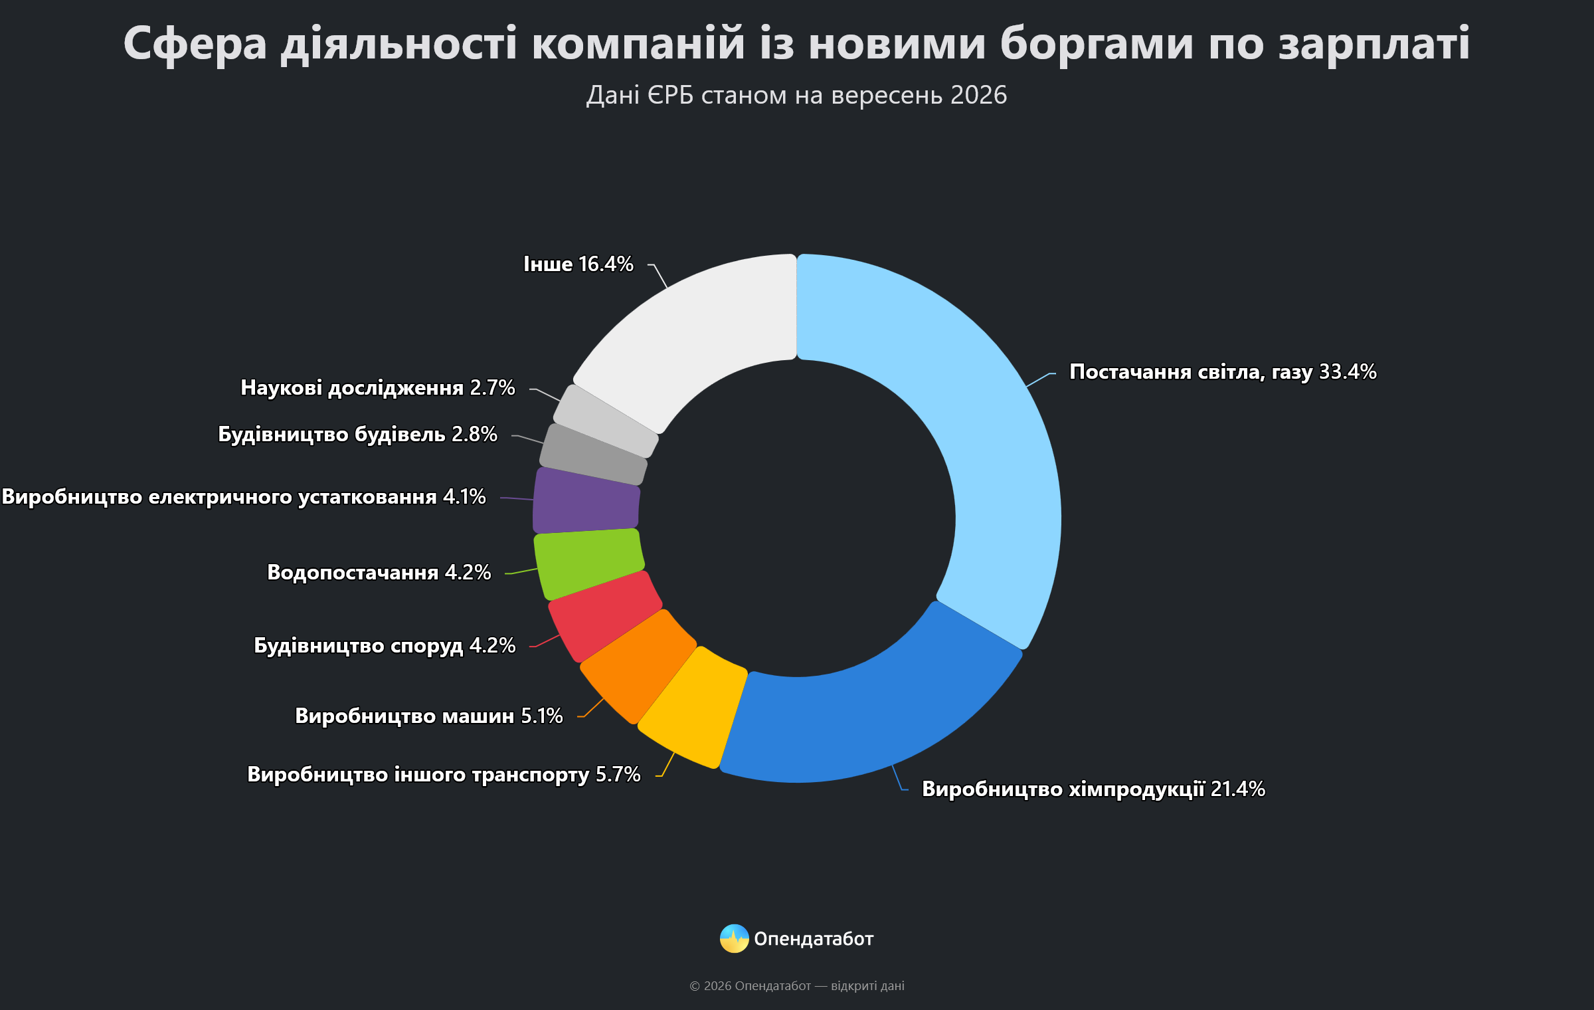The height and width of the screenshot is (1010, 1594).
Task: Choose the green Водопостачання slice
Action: (x=588, y=563)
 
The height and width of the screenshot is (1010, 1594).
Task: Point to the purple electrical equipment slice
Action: (x=586, y=500)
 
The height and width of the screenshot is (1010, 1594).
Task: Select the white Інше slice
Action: (x=697, y=332)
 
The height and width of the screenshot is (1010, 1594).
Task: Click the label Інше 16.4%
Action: (x=578, y=264)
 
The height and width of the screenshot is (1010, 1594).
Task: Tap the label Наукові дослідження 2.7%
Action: (x=378, y=387)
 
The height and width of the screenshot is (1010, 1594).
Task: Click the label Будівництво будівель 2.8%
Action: (x=358, y=434)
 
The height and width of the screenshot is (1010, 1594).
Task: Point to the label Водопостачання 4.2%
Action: (x=379, y=572)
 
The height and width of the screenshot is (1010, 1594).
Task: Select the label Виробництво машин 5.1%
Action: (x=429, y=716)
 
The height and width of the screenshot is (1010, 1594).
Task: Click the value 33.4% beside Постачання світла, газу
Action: (x=1348, y=371)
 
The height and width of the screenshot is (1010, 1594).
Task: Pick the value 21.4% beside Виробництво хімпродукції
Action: (x=1238, y=789)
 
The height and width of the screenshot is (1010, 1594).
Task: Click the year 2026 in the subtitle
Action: (x=979, y=95)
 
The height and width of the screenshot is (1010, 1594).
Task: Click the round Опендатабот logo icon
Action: (x=735, y=938)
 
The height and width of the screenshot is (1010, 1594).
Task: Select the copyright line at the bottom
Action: (x=797, y=986)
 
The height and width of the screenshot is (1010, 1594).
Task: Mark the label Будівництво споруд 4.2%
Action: (x=385, y=645)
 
